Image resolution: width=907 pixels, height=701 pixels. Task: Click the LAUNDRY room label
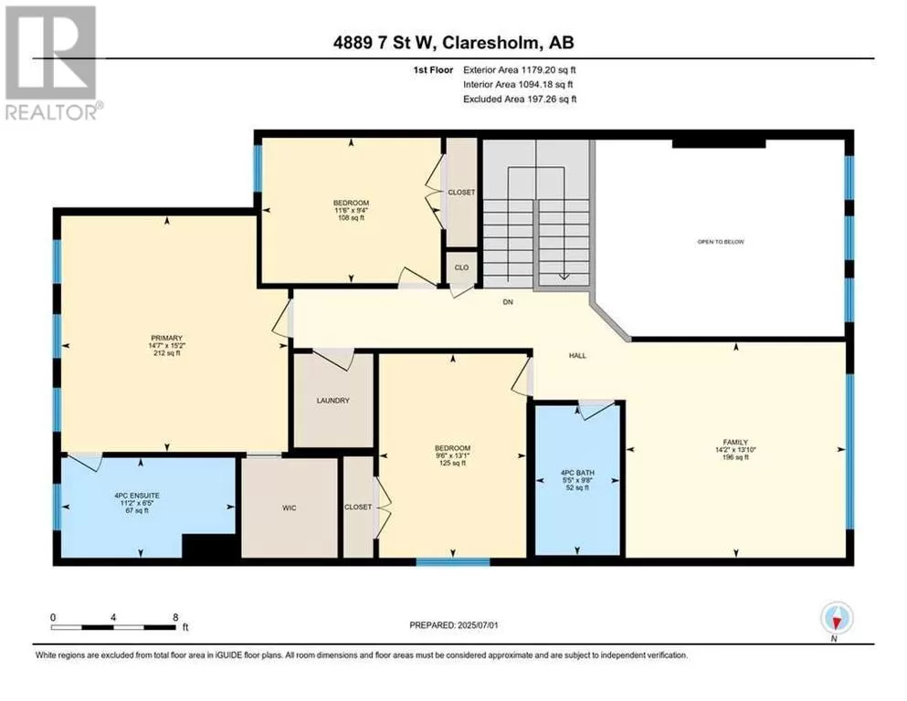(x=333, y=401)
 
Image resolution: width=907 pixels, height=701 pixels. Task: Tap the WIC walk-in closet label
(x=290, y=508)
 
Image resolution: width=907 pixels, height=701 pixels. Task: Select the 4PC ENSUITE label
(x=137, y=496)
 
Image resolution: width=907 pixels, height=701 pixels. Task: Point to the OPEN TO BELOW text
(x=721, y=242)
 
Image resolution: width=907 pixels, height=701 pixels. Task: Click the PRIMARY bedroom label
(x=166, y=338)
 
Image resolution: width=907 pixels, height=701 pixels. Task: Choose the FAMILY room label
(x=736, y=442)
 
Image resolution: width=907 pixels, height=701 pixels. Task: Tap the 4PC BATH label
(x=577, y=473)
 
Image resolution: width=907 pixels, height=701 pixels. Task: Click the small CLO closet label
(x=461, y=267)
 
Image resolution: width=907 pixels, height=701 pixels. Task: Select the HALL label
(x=577, y=356)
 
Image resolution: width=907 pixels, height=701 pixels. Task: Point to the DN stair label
(x=508, y=301)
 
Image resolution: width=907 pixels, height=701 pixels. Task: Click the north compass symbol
(x=837, y=618)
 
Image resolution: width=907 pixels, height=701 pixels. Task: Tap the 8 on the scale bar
(x=175, y=617)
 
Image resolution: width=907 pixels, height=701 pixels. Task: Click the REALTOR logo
(x=51, y=62)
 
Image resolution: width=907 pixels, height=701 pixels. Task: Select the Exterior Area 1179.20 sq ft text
(x=520, y=70)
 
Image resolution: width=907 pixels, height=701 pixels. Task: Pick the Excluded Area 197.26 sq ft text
(x=520, y=99)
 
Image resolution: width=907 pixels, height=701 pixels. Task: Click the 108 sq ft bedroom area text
(x=351, y=218)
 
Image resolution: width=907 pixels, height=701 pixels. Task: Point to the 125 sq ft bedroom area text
(x=452, y=463)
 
